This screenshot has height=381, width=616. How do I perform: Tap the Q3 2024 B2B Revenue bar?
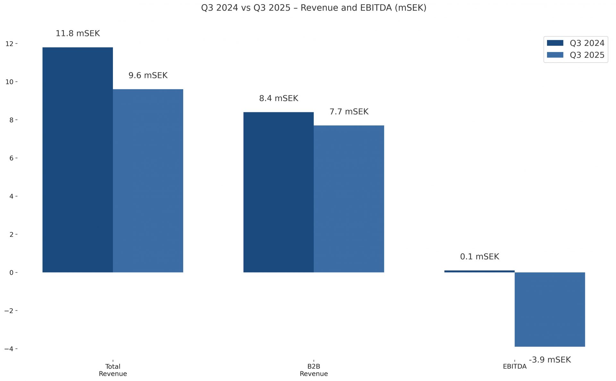pyautogui.click(x=278, y=192)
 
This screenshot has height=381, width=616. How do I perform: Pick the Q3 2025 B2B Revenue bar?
pyautogui.click(x=349, y=199)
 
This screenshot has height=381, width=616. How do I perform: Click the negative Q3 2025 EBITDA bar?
pyautogui.click(x=550, y=309)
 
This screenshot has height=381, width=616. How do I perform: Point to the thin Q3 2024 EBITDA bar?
pyautogui.click(x=479, y=271)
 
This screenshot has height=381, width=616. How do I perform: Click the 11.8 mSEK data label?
pyautogui.click(x=78, y=33)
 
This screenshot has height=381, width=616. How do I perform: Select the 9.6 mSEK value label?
pyautogui.click(x=148, y=75)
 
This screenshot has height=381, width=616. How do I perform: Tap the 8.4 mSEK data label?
pyautogui.click(x=278, y=98)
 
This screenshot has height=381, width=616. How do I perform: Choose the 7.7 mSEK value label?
pyautogui.click(x=349, y=112)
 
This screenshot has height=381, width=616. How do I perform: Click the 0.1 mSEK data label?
pyautogui.click(x=479, y=257)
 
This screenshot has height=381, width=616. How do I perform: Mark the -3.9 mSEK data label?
pyautogui.click(x=550, y=360)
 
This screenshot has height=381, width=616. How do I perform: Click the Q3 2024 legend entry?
pyautogui.click(x=576, y=43)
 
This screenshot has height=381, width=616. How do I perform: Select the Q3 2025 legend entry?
pyautogui.click(x=576, y=55)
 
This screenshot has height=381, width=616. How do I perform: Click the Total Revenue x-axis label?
pyautogui.click(x=113, y=370)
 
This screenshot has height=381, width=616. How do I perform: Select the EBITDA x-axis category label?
pyautogui.click(x=514, y=367)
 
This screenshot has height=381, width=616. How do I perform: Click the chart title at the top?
pyautogui.click(x=313, y=8)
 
